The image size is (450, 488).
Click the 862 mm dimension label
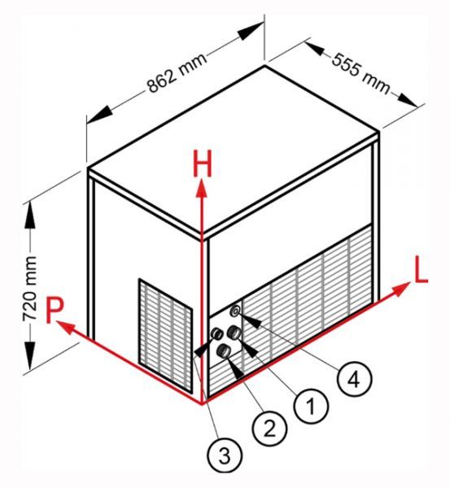pos(177,72)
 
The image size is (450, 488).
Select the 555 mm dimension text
pos(360,73)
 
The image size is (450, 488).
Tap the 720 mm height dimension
pos(29,289)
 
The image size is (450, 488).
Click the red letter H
pos(203,163)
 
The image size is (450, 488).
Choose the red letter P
pos(55,310)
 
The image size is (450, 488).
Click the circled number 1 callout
pos(311,406)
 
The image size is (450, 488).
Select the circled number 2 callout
pos(269,429)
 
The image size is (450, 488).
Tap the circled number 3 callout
pos(225,455)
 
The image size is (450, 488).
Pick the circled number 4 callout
pos(355,379)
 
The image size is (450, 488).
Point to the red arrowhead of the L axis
pos(401,289)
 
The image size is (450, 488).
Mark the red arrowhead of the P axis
pos(66,328)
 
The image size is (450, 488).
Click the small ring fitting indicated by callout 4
pos(235,312)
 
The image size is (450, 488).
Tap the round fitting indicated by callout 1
pos(234,333)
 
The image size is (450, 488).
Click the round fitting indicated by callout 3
pos(216,334)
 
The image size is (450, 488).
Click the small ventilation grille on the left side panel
pos(166,335)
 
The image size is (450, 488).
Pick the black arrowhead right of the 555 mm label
pos(407,100)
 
